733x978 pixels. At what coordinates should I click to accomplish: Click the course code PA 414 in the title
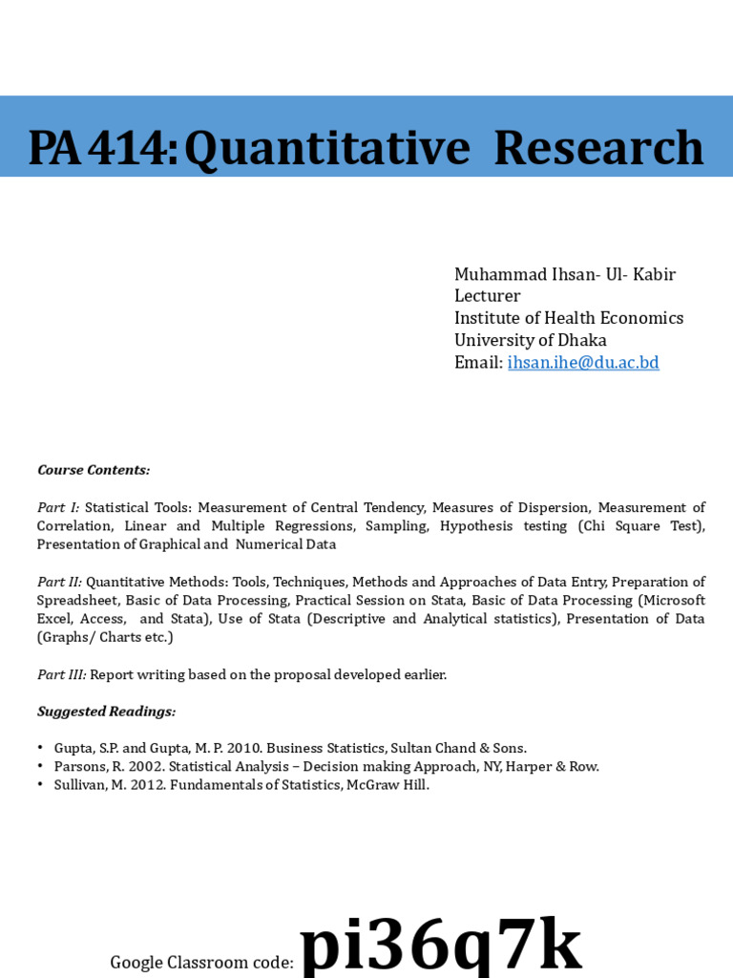101,148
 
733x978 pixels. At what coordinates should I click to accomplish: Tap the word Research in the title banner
598,148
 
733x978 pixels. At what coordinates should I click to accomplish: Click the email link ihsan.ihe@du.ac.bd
583,363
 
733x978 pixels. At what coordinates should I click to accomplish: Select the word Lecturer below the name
487,296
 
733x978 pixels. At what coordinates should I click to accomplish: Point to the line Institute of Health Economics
568,318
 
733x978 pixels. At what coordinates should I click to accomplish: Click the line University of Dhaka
530,340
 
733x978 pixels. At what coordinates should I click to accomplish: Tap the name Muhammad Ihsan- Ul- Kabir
564,275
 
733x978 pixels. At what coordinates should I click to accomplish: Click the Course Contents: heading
94,470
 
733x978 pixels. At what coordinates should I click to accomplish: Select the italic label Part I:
58,507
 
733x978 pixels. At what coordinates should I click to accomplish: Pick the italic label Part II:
59,582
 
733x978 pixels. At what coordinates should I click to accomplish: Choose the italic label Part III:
61,674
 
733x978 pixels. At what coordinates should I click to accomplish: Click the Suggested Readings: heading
106,712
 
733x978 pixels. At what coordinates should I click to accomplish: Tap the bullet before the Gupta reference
41,749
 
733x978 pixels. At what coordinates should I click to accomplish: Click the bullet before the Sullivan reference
41,785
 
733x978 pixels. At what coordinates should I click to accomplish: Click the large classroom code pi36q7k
440,946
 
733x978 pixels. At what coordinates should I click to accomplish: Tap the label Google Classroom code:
201,963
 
